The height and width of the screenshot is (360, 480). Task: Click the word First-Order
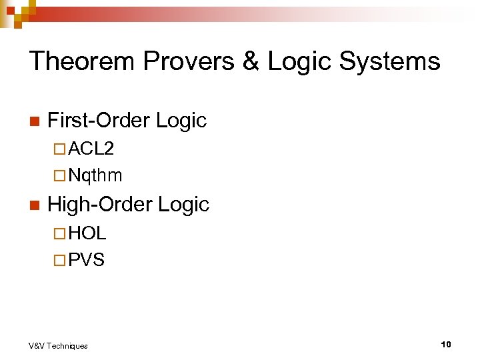(x=99, y=120)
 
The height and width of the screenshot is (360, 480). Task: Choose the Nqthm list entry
(x=95, y=176)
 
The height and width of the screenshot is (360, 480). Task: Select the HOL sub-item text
(x=87, y=233)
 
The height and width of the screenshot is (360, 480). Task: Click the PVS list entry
(x=87, y=260)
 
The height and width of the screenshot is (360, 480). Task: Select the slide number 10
(x=446, y=344)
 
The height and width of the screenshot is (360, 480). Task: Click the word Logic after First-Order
(x=181, y=120)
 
